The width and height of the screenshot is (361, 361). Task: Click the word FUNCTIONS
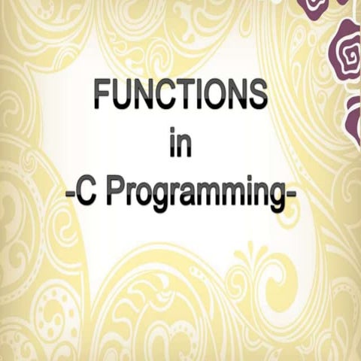181,96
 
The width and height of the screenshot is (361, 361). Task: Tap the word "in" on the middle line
180,142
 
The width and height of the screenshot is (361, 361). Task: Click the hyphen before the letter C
70,195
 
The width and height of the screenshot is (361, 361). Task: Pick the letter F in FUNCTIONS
103,96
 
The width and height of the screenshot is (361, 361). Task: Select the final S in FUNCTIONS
257,96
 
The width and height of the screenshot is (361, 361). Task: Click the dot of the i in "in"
172,130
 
